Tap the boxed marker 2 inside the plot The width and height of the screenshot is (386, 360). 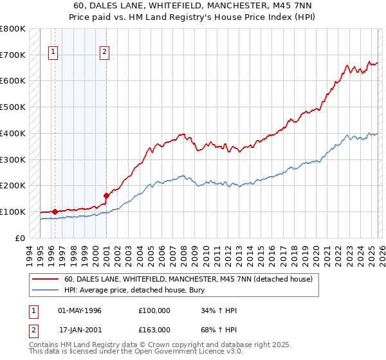tap(104, 53)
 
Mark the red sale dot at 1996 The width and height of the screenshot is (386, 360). tap(55, 212)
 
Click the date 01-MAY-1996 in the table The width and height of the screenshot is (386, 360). tap(80, 310)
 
